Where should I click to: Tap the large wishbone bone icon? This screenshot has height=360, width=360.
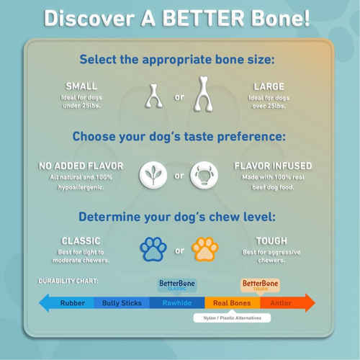click(x=204, y=94)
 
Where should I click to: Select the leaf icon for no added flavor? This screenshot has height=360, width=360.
click(x=153, y=175)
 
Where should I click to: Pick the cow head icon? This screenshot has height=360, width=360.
click(x=204, y=175)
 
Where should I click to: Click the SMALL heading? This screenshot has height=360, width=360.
click(x=81, y=86)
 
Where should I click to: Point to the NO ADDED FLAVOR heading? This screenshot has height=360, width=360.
click(x=81, y=166)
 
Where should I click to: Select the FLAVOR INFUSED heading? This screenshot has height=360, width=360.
click(x=273, y=166)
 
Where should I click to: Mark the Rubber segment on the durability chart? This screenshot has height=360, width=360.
click(x=73, y=303)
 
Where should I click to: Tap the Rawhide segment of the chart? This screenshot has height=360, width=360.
click(x=177, y=303)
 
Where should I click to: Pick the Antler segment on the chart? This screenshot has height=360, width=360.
click(x=281, y=303)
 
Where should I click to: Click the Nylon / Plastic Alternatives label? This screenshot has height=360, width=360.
click(x=233, y=318)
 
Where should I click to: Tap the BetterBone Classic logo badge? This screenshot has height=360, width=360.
click(x=176, y=285)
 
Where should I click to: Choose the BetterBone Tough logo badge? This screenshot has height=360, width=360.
click(x=260, y=285)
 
